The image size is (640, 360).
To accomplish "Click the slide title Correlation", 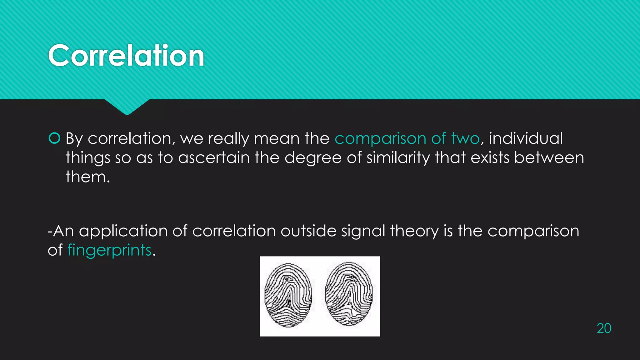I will [126, 56].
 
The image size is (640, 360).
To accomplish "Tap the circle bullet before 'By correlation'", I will [54, 138].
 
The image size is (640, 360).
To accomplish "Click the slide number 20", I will [604, 328].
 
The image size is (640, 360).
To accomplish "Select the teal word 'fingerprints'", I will [109, 250].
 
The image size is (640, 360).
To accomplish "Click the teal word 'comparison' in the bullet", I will [380, 139].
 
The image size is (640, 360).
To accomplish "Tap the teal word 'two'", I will [465, 138].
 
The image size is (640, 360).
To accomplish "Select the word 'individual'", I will [526, 138].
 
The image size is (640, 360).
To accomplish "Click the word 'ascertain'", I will [214, 158].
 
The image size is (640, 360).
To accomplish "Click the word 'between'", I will [549, 158].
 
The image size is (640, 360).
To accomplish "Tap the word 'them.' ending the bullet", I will [88, 177].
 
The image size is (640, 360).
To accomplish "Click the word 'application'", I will [123, 232].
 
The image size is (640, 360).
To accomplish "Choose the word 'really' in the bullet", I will [228, 139].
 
